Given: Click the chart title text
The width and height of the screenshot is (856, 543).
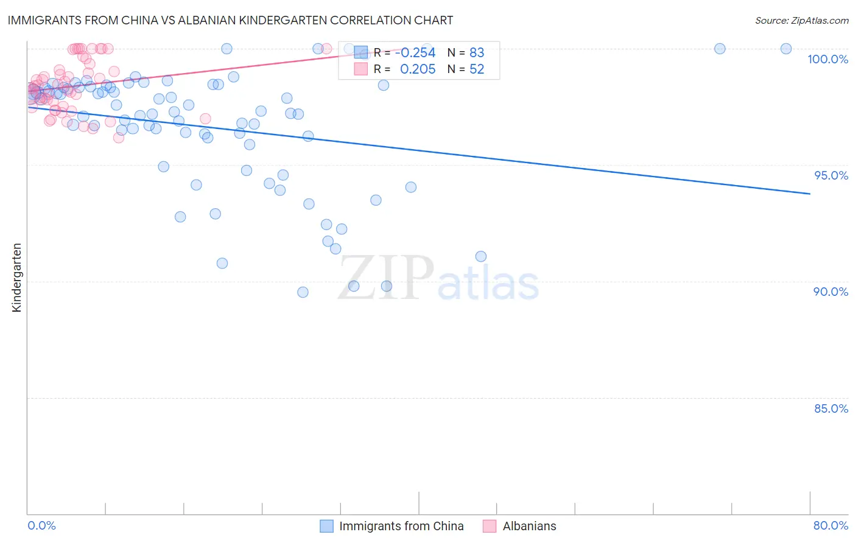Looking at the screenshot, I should [230, 20].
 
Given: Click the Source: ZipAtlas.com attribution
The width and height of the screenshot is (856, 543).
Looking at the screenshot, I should [801, 20].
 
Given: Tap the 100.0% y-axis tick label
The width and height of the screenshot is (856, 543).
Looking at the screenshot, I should [827, 59].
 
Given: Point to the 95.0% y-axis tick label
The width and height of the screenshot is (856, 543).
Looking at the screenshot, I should [831, 175].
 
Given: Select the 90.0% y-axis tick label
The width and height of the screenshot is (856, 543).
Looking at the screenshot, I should [830, 292].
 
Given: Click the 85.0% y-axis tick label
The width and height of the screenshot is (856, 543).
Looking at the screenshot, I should [831, 408].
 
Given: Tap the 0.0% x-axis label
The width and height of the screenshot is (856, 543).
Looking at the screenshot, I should [41, 525].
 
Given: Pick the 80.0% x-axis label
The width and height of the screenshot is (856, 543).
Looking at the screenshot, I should [830, 525].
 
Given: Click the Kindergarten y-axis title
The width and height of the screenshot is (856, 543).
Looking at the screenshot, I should [16, 278].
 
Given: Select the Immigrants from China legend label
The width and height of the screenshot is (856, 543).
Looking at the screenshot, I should [401, 526].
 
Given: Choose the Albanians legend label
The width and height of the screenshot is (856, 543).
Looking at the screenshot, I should [529, 526].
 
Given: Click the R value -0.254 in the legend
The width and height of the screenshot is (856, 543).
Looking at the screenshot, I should [415, 53].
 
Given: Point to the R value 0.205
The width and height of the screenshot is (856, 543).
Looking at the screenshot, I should [418, 69].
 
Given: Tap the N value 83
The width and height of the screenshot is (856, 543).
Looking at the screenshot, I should [477, 53].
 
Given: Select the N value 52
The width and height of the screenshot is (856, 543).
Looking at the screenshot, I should [477, 69].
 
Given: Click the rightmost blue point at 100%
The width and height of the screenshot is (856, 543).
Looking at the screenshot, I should [786, 49].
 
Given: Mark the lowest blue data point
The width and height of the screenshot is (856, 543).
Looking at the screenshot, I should [303, 292].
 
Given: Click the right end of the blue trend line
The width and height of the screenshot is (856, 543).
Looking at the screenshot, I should [810, 194].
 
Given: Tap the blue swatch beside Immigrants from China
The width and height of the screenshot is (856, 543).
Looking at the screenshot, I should [327, 526].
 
